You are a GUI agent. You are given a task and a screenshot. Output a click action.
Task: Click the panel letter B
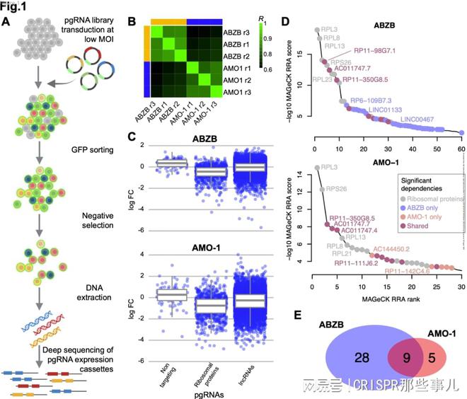click(x=131, y=21)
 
